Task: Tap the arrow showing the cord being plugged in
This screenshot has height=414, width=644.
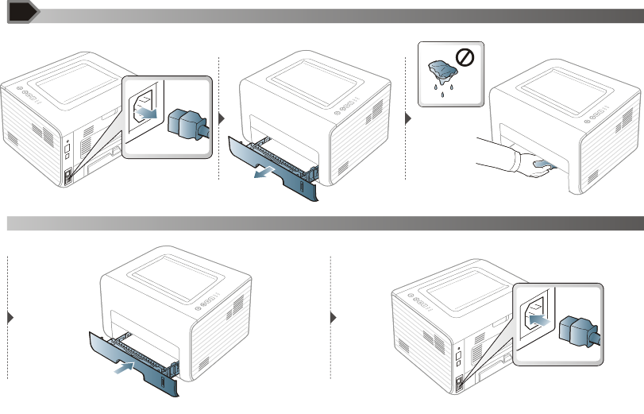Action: (x=538, y=319)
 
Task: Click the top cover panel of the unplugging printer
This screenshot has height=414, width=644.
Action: (x=76, y=80)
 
